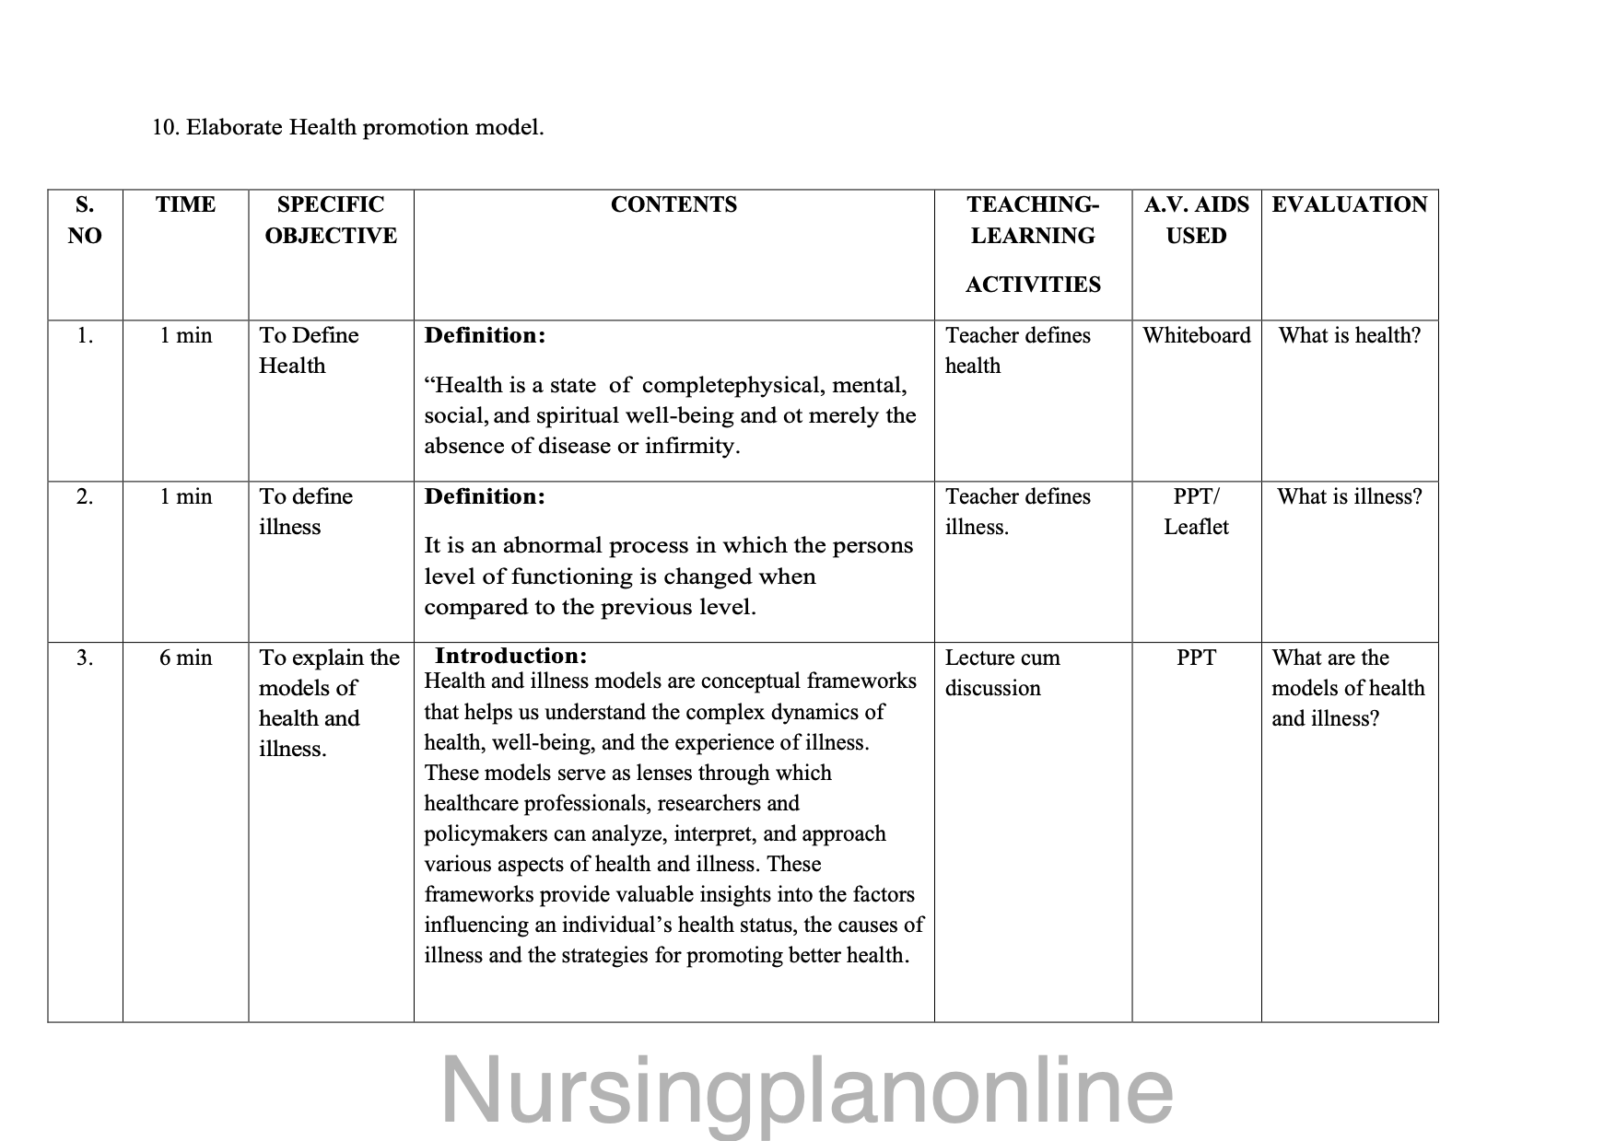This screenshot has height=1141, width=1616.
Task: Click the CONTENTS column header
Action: coord(673,204)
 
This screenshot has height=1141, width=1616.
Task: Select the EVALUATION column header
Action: coord(1349,204)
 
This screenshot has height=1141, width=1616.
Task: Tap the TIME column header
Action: coord(185,204)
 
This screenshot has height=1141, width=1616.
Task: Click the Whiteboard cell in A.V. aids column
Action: coord(1196,335)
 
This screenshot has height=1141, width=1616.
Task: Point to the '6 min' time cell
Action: coord(185,658)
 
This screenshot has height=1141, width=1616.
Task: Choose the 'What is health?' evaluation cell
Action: coord(1349,335)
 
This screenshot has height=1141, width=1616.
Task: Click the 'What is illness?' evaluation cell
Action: coord(1349,496)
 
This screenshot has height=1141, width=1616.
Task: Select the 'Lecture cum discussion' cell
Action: coord(1001,672)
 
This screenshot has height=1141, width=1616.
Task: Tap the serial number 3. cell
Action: coord(85,658)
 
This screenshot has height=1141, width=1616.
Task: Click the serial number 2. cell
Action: coord(85,496)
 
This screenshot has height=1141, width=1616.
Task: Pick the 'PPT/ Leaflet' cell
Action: coord(1196,511)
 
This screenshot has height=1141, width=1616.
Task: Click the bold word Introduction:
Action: coord(510,656)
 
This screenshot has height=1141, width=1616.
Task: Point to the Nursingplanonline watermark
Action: coord(807,1090)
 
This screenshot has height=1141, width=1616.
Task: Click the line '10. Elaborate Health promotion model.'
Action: coord(348,127)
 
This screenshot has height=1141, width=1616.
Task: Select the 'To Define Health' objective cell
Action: coord(308,350)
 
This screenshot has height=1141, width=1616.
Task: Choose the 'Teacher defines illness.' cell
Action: coord(1017,511)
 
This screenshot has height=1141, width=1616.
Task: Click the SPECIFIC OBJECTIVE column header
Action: coord(331,219)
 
